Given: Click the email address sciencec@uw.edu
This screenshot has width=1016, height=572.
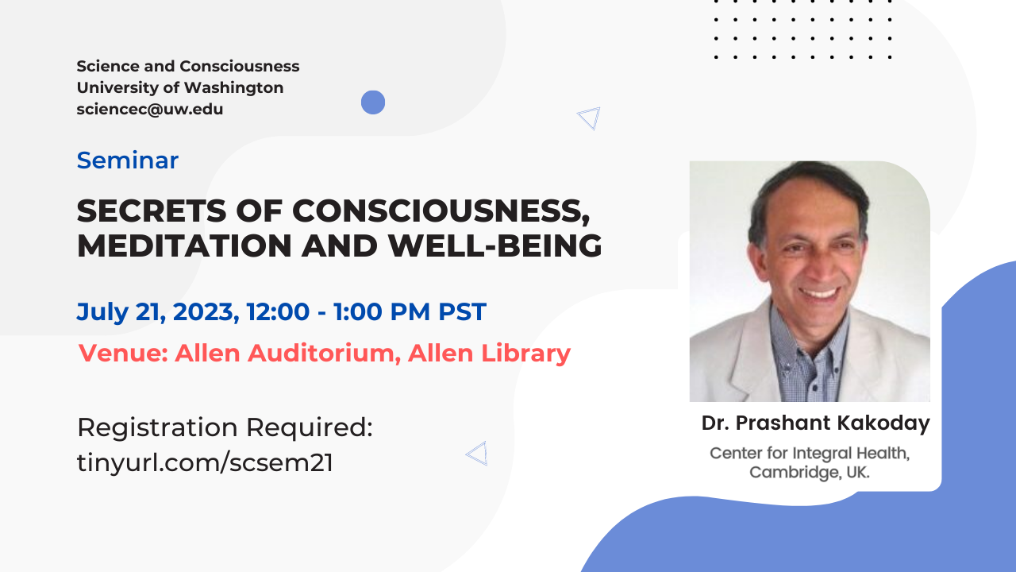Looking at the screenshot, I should (x=150, y=110).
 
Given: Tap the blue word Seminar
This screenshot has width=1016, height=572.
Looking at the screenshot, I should (x=128, y=160).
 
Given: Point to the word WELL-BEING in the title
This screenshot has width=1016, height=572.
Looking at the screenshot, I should (x=495, y=245).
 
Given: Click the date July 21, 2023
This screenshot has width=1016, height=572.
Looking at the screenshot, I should (x=157, y=311).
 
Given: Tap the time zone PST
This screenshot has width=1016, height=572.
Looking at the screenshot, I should (x=462, y=311).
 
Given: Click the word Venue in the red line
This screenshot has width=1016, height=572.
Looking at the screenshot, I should (x=121, y=353).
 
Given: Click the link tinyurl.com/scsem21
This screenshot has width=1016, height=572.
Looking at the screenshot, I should (x=205, y=462).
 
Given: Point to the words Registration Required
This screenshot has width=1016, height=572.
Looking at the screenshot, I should (x=225, y=427).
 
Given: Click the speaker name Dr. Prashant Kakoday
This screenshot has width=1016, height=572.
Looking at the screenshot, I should (x=815, y=423).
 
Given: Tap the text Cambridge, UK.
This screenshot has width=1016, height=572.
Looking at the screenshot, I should (x=810, y=472).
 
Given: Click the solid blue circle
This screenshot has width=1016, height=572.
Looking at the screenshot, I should (x=373, y=102).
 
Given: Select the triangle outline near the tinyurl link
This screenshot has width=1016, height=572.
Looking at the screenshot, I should (x=478, y=453).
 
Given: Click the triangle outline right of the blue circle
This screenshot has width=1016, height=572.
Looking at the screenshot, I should (x=590, y=118).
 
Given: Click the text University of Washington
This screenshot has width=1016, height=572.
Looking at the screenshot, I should (x=180, y=87).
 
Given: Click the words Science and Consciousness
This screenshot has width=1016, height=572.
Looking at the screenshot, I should (x=188, y=66).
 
